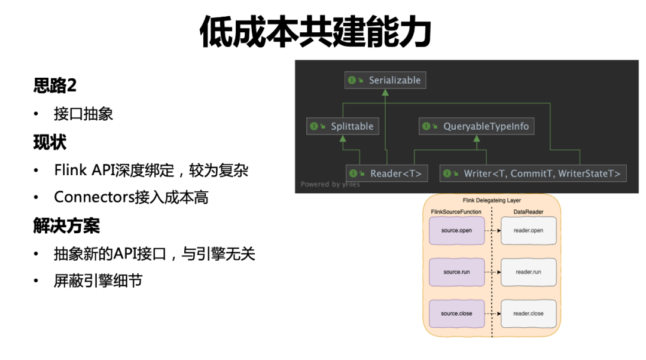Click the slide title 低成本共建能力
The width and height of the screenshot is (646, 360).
315,32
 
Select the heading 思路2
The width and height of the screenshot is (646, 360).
55,86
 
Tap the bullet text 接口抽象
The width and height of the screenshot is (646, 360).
83,114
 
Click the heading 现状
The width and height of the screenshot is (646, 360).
50,142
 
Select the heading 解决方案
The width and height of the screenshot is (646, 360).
66,225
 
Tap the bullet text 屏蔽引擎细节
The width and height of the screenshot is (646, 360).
98,281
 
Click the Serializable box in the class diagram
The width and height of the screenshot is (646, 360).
385,80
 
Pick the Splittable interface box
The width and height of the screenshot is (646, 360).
343,126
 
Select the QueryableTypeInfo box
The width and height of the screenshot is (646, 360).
477,126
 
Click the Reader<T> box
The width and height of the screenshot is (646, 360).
387,173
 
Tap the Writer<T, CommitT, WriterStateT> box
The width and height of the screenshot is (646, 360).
533,173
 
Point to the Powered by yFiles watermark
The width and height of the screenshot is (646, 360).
330,184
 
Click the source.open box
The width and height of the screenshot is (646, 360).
456,231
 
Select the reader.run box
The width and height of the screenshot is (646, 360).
529,272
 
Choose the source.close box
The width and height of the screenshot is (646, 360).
456,314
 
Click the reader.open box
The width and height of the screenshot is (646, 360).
529,231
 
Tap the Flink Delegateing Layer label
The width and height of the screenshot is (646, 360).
492,200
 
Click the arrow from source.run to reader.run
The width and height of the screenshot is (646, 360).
493,272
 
